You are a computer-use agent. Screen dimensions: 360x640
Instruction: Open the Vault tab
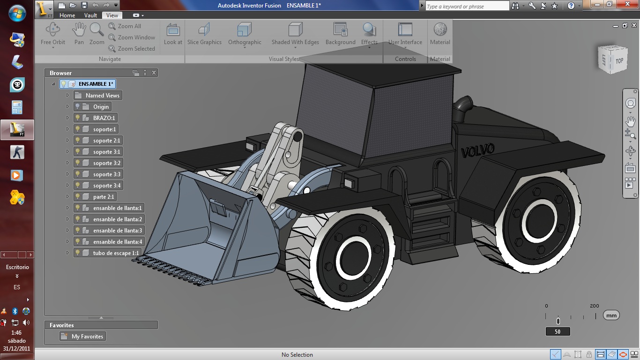(x=90, y=15)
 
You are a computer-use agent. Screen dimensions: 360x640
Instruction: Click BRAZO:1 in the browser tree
(x=104, y=118)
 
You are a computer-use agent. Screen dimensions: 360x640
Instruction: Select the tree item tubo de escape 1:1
(x=116, y=253)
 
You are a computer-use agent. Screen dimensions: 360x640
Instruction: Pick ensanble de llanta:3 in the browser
(x=117, y=231)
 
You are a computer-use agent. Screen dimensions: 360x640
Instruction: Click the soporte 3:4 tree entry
(x=106, y=186)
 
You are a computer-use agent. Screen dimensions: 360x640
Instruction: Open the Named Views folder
(x=102, y=96)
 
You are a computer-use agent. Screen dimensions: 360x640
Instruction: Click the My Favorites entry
(x=87, y=337)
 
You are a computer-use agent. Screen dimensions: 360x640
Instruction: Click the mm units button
(x=611, y=315)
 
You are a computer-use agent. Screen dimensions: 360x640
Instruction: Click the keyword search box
(x=467, y=6)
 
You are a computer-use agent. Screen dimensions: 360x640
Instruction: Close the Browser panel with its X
(x=154, y=73)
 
